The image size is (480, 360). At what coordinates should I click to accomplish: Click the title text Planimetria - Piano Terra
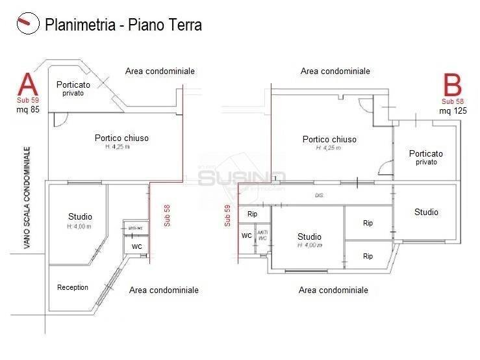point(123,25)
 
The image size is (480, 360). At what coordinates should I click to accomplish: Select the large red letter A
point(27,85)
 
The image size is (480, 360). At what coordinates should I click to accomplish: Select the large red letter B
point(452,86)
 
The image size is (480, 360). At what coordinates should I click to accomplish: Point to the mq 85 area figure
point(28,110)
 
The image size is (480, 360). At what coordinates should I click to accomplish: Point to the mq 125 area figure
point(453,110)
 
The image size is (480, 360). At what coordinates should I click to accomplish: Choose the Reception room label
point(73,287)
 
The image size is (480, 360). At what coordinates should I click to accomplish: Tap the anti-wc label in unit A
point(136,227)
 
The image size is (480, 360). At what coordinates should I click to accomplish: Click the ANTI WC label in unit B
point(262,235)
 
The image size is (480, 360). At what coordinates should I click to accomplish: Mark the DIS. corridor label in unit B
point(319,195)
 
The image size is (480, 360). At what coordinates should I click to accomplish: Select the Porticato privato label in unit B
point(426,157)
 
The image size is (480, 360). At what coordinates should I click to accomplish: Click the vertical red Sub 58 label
point(167,215)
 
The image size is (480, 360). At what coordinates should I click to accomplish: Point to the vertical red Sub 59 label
point(227,215)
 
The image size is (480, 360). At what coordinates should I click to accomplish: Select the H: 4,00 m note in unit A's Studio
point(79,226)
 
